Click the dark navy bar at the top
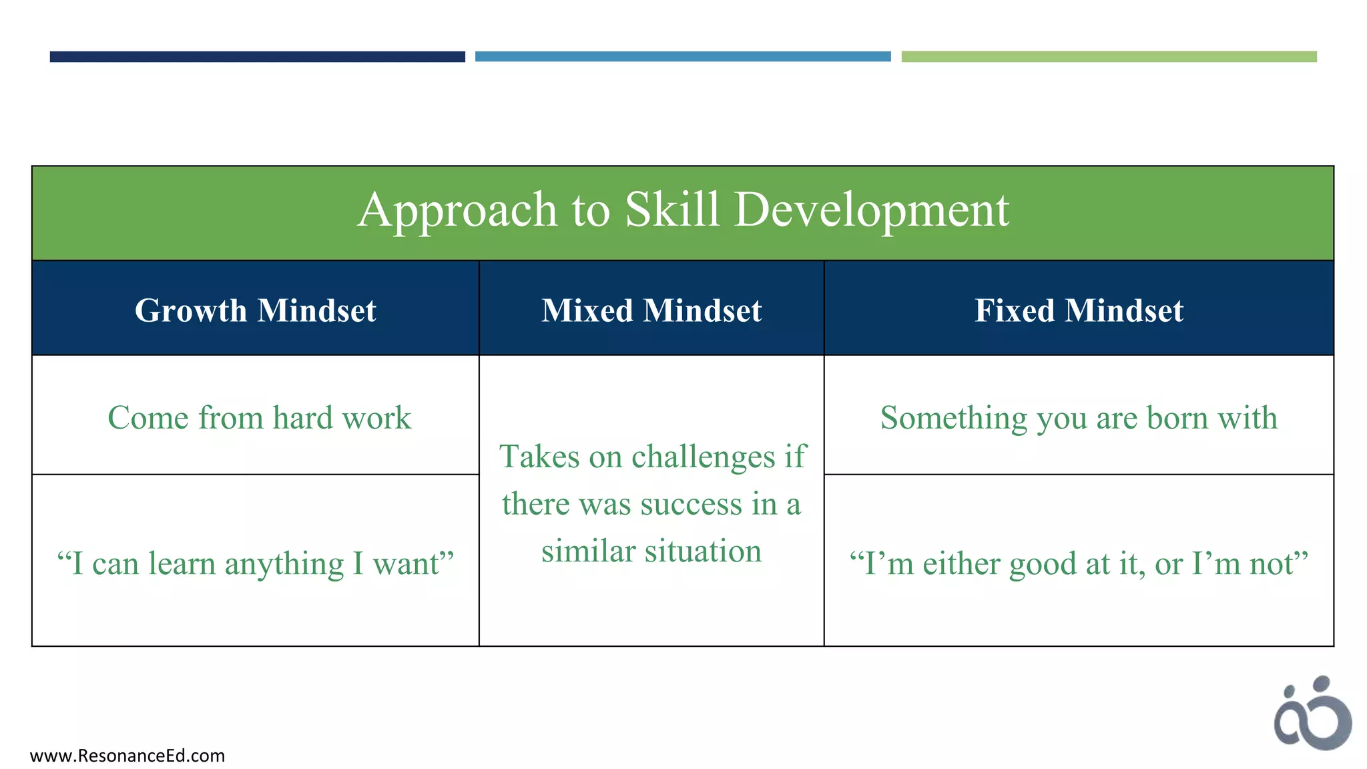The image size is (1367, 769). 257,57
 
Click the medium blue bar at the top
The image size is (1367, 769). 683,57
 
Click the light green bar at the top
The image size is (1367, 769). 1109,57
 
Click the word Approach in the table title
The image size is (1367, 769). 457,210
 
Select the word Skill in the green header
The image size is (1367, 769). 672,210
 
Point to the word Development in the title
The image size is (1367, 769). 872,210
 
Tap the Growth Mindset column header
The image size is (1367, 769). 256,310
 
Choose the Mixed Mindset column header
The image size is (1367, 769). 651,310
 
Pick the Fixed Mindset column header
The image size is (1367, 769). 1079,310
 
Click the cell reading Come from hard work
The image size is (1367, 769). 259,418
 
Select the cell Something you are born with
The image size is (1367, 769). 1079,418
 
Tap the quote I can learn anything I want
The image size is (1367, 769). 256,563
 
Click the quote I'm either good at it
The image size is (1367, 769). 1079,563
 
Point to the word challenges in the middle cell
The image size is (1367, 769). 703,458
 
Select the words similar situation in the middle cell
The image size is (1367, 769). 651,551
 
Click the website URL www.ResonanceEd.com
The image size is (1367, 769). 127,756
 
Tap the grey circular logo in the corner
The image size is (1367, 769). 1312,714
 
